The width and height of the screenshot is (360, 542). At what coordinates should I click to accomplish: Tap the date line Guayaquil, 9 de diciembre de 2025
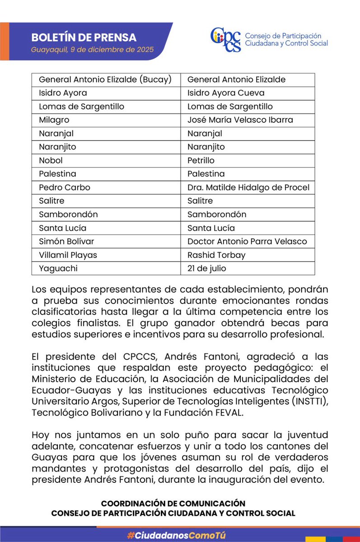[x=93, y=49]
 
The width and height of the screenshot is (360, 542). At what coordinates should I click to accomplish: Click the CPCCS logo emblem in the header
[x=226, y=40]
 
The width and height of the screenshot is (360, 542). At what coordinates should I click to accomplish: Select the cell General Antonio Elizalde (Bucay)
[x=105, y=79]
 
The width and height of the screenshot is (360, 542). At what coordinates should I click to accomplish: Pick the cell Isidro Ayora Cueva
[x=226, y=93]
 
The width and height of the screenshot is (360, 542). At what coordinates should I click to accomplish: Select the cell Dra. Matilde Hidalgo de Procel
[x=248, y=187]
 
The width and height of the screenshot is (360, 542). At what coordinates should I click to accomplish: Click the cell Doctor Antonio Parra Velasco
[x=247, y=241]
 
